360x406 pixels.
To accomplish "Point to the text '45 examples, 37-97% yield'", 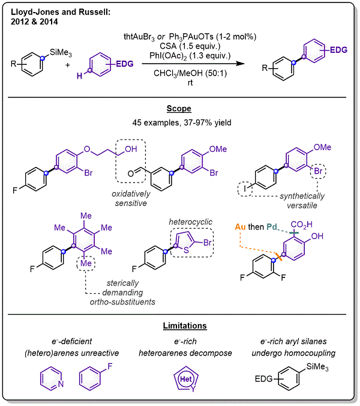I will [179, 123].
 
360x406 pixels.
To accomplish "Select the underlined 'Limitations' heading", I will [179, 326].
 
